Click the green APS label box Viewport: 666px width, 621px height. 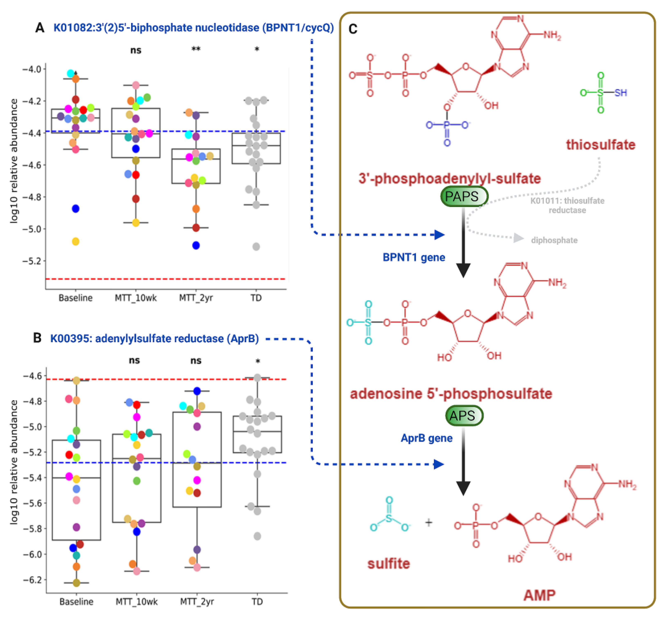coord(464,416)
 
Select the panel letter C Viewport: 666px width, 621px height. coord(353,29)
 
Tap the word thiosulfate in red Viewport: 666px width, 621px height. coord(600,145)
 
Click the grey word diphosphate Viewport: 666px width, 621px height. coord(554,240)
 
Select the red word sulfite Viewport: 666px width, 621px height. coord(389,564)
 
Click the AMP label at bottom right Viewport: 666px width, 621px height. coord(539,595)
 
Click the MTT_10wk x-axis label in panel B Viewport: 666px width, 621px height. coord(136,602)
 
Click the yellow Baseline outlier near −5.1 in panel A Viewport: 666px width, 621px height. coord(76,242)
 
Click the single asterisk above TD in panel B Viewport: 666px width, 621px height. coord(258,361)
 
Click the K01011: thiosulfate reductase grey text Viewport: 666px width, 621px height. coord(567,205)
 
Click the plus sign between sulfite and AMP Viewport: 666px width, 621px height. coord(429,522)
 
